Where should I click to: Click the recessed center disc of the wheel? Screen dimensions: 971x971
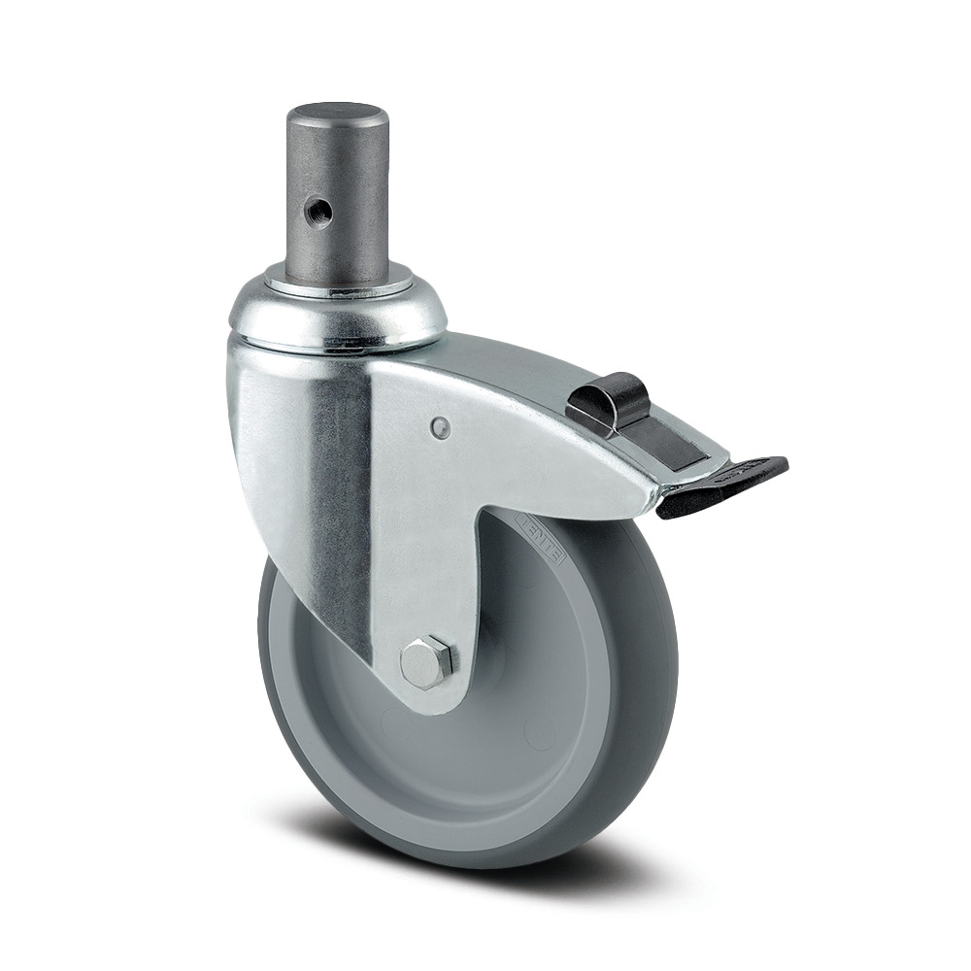click(505, 699)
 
